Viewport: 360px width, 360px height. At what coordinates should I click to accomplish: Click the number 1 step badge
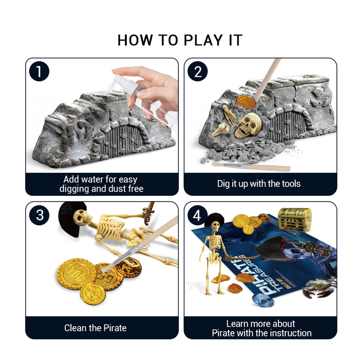[x=39, y=71]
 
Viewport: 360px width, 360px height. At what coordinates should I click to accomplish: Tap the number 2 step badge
[x=198, y=71]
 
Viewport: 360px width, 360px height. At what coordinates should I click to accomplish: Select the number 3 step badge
[x=39, y=215]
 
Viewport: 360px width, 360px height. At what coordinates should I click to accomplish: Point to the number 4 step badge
[x=198, y=215]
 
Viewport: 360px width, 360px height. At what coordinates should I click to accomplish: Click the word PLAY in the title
[x=203, y=40]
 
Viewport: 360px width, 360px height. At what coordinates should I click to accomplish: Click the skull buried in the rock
[x=248, y=125]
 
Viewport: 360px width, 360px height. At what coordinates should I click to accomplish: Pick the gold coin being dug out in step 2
[x=246, y=102]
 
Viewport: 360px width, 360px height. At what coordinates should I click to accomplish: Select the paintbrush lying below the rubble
[x=251, y=166]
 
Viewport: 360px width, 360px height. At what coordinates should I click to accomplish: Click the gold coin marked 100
[x=76, y=274]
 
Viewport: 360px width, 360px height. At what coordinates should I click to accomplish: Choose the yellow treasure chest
[x=295, y=219]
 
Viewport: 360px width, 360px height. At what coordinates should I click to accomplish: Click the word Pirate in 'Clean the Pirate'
[x=115, y=328]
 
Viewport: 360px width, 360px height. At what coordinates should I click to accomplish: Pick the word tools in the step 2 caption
[x=291, y=184]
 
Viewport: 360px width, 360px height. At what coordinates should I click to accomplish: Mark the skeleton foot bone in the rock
[x=229, y=115]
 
